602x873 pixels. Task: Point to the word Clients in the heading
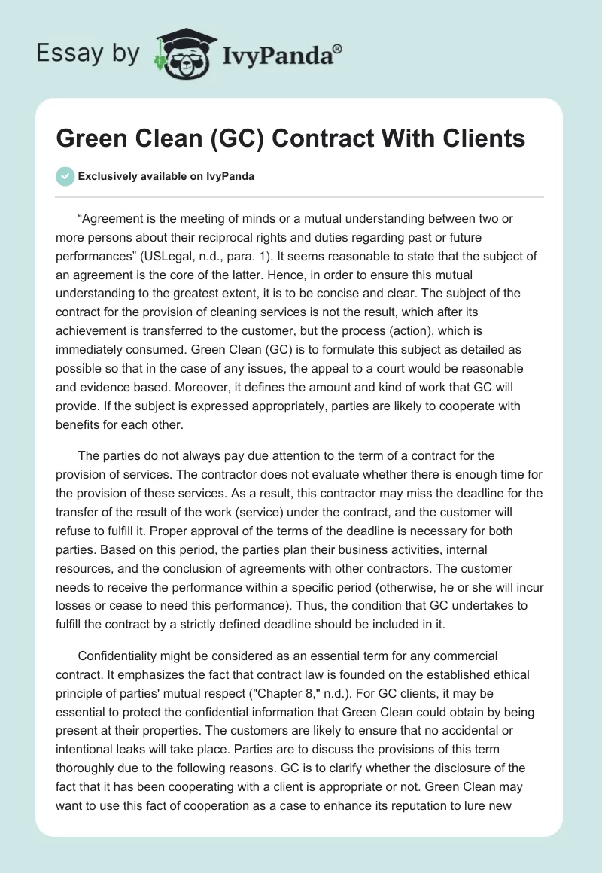tap(481, 139)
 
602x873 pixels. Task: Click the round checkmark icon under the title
tap(65, 176)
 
